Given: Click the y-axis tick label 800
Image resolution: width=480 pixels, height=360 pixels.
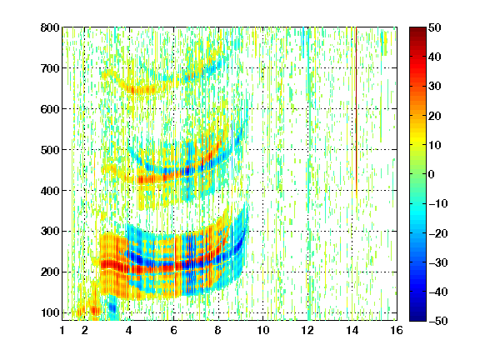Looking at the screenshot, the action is pyautogui.click(x=50, y=27).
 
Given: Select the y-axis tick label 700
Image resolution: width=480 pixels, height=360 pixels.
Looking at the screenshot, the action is pyautogui.click(x=50, y=68).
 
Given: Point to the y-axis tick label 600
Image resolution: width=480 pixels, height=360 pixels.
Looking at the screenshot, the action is pyautogui.click(x=50, y=109).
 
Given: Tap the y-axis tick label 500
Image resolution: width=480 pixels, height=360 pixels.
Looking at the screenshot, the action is pyautogui.click(x=50, y=150).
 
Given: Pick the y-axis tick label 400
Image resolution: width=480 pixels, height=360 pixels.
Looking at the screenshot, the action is pyautogui.click(x=50, y=191).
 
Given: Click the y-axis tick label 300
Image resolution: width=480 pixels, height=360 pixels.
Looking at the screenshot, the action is pyautogui.click(x=50, y=232).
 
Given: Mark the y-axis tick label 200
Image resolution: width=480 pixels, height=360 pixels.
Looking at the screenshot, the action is pyautogui.click(x=50, y=272).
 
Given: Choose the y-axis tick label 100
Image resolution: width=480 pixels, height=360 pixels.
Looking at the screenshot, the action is pyautogui.click(x=50, y=312).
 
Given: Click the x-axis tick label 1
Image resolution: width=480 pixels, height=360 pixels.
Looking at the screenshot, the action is pyautogui.click(x=62, y=330).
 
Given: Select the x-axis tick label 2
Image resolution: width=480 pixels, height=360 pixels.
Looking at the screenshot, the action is pyautogui.click(x=85, y=330).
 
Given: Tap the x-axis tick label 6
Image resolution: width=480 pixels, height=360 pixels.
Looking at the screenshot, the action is pyautogui.click(x=173, y=330).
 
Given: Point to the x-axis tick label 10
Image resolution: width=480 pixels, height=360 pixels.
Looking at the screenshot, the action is pyautogui.click(x=263, y=330).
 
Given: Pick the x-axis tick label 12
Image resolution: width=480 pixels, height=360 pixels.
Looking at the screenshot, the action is pyautogui.click(x=307, y=330).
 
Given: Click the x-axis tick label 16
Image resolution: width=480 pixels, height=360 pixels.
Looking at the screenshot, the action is pyautogui.click(x=397, y=330).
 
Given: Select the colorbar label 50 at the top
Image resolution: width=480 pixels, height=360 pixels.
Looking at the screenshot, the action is pyautogui.click(x=434, y=27).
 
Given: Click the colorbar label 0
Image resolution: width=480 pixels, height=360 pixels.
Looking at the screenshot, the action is pyautogui.click(x=432, y=174).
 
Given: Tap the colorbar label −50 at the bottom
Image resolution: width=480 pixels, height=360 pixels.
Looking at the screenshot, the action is pyautogui.click(x=437, y=321).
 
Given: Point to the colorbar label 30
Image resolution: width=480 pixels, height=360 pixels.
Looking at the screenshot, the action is pyautogui.click(x=434, y=87).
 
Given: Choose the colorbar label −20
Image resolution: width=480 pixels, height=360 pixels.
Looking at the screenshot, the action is pyautogui.click(x=437, y=233).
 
